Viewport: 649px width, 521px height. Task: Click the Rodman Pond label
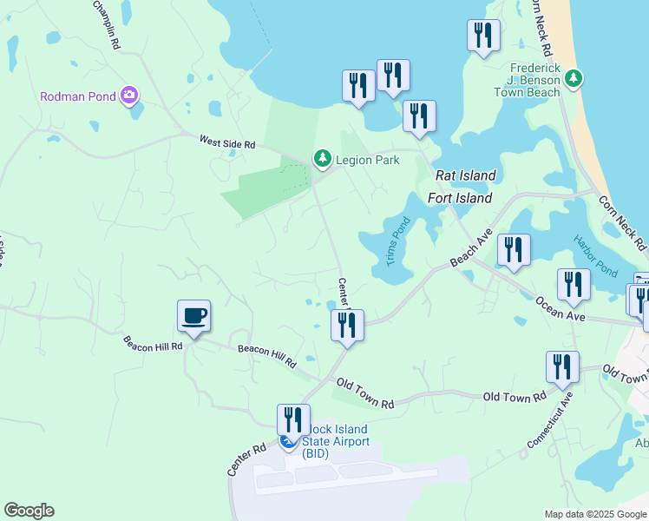(x=78, y=96)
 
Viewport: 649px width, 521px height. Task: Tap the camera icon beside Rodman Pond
(x=130, y=95)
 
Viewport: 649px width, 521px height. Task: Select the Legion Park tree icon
(x=323, y=158)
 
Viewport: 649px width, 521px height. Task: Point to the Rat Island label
(x=465, y=175)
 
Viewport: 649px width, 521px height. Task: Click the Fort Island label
(x=460, y=198)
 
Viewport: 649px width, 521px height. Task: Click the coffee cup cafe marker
(x=193, y=315)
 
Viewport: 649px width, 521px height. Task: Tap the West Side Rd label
(x=227, y=142)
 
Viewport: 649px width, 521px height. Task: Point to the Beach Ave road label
(x=471, y=249)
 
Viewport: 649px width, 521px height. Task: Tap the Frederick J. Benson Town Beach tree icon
(x=573, y=79)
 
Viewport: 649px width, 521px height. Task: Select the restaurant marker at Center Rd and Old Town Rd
(x=347, y=326)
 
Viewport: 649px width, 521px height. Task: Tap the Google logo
(x=29, y=511)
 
